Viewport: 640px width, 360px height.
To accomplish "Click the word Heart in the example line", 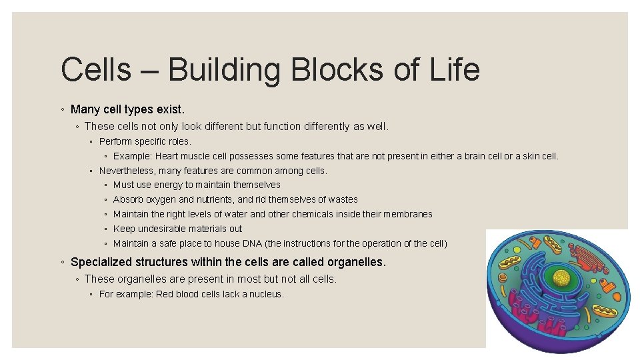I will tap(167, 157).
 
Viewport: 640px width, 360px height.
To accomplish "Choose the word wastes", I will tap(343, 199).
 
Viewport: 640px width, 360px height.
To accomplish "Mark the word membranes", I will tap(409, 214).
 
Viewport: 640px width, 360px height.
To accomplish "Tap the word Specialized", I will tap(100, 262).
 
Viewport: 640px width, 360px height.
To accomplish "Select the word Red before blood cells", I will tap(165, 294).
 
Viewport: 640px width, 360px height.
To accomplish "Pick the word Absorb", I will tap(127, 199).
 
